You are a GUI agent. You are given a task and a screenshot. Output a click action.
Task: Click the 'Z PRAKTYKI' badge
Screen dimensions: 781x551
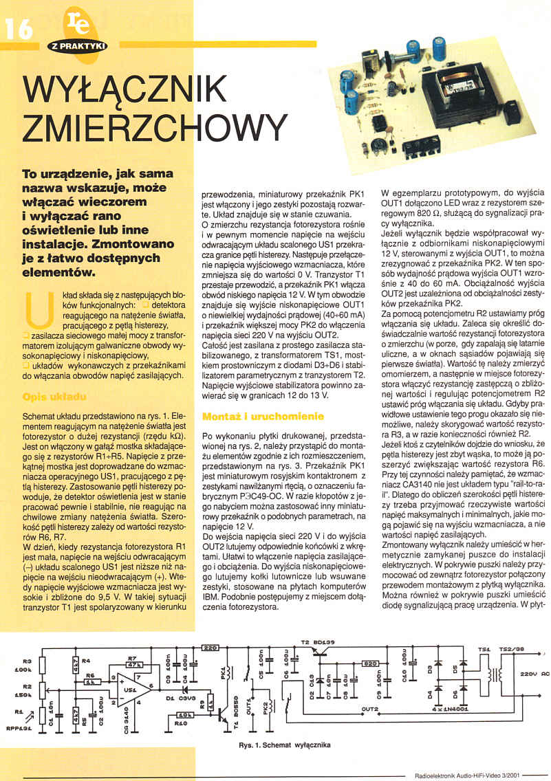(x=77, y=46)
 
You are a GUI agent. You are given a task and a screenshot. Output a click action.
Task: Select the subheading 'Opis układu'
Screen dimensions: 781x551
(x=54, y=397)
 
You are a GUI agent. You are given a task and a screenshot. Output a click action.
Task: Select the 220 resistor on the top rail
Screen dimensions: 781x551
(x=211, y=647)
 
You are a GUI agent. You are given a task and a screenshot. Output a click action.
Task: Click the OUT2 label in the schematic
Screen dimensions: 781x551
(x=370, y=707)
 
